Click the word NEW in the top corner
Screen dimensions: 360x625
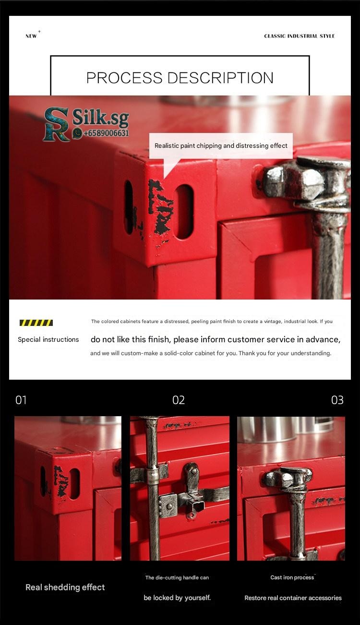[31, 36]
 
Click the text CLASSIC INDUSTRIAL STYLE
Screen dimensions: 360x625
[299, 36]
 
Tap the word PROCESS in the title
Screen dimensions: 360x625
[124, 78]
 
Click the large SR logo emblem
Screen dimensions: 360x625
[56, 124]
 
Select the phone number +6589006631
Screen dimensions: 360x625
[106, 133]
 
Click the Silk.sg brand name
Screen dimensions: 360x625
[101, 118]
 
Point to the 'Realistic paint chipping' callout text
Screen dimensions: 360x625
[221, 145]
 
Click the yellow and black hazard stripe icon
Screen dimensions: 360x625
[36, 323]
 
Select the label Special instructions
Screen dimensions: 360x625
[48, 339]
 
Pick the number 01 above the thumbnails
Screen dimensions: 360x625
[21, 400]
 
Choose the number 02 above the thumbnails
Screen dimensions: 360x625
[179, 400]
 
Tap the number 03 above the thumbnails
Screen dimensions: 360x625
[337, 400]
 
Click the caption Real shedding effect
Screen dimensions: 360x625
[65, 588]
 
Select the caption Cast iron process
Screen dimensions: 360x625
[292, 577]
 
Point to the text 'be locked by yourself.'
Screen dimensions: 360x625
[177, 598]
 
